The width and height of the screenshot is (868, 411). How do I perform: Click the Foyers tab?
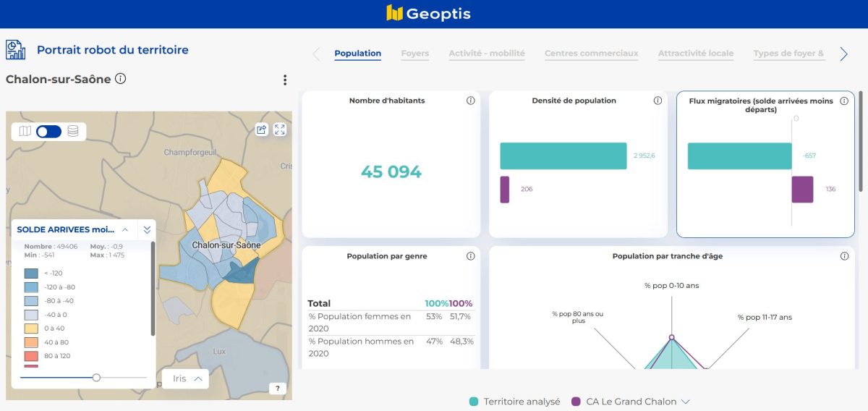click(x=414, y=54)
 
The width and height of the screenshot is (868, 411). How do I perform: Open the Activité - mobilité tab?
click(x=487, y=54)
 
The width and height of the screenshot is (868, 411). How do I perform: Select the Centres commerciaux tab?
click(x=591, y=54)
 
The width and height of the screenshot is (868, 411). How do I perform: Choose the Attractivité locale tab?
click(x=695, y=54)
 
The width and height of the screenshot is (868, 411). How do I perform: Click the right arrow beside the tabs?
click(x=843, y=54)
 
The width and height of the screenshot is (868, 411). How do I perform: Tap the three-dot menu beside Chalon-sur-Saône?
click(x=285, y=80)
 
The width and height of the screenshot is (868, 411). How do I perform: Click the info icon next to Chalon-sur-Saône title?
click(x=121, y=79)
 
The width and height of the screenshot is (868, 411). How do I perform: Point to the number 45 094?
click(x=391, y=172)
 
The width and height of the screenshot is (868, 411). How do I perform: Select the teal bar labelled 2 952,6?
click(x=563, y=156)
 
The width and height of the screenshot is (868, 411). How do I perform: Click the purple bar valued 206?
click(x=505, y=190)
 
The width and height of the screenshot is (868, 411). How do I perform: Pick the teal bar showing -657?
click(x=739, y=156)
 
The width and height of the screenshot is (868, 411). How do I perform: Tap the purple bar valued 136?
click(x=802, y=190)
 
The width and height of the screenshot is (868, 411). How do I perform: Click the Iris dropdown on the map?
click(x=186, y=378)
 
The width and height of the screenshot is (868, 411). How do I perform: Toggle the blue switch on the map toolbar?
click(x=48, y=131)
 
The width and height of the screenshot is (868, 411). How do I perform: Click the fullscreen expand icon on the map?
click(x=280, y=130)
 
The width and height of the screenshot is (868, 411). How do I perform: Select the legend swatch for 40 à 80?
click(x=31, y=342)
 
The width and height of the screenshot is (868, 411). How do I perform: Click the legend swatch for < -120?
click(x=31, y=274)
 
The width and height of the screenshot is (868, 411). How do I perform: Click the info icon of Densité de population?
click(x=658, y=101)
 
